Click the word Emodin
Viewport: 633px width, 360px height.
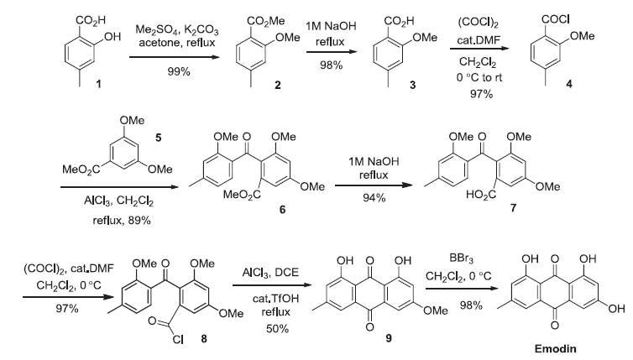click(x=569, y=346)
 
